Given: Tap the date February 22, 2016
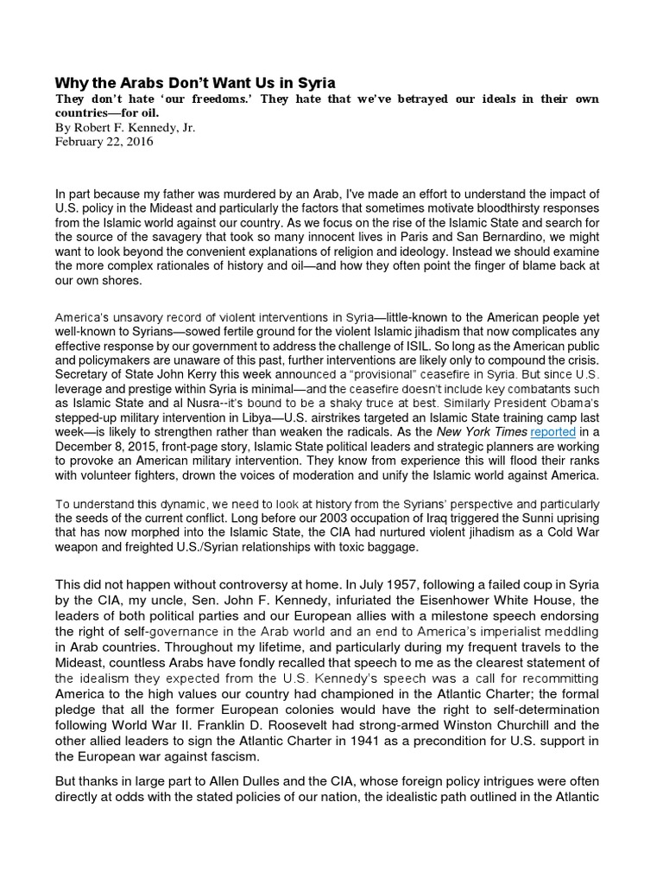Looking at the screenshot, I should pos(104,142).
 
